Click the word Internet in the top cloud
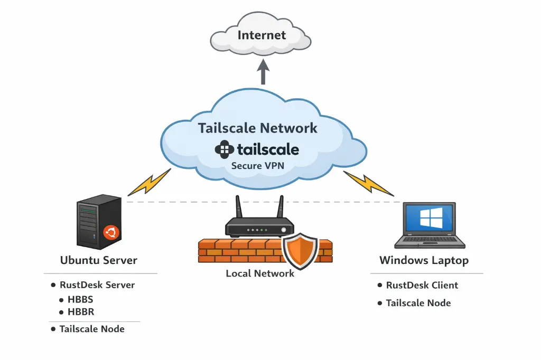coord(262,35)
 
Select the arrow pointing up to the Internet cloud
coord(263,72)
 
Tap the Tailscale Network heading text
coord(258,128)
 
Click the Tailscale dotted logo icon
coord(224,149)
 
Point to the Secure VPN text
coord(257,166)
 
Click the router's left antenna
coord(238,207)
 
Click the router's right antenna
coord(281,207)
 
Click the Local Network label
coord(260,273)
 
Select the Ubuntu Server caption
coord(99,260)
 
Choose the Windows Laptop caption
coord(424,260)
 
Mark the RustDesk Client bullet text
coord(422,285)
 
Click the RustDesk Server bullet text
coord(97,285)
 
